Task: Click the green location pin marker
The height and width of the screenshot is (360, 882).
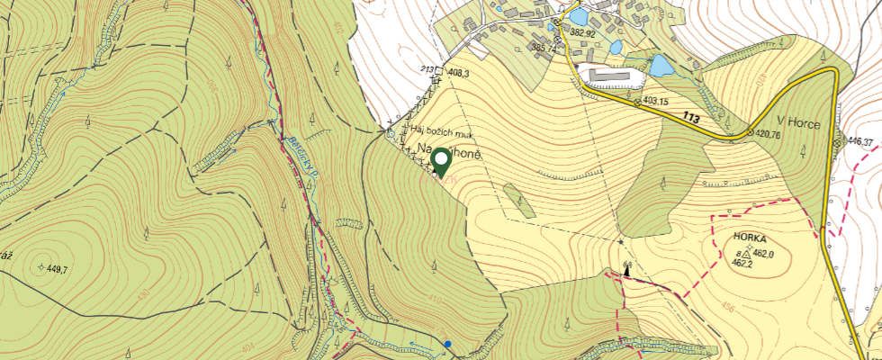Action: coord(441,162)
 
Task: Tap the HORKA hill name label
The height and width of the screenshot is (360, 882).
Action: coord(750,238)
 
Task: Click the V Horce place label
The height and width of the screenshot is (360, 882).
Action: coord(798,123)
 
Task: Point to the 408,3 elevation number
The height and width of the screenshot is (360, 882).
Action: coord(457,72)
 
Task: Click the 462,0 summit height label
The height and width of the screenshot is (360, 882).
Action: coord(763,254)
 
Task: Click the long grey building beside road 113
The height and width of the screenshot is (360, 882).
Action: coord(613,73)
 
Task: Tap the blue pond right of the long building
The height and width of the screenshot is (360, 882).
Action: coord(661,65)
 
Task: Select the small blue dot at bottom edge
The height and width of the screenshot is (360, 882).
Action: coord(447,343)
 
